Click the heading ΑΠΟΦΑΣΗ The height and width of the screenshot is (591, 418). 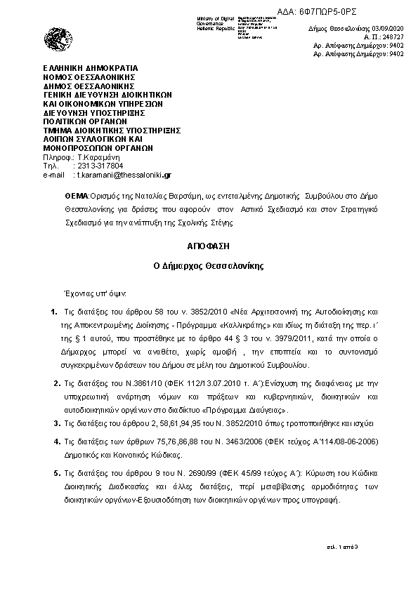point(209,247)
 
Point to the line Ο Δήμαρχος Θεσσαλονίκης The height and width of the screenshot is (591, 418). point(209,267)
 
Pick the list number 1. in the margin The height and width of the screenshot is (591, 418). point(55,310)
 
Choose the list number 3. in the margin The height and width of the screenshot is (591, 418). point(57,423)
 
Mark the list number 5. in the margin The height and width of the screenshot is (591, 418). point(57,474)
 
